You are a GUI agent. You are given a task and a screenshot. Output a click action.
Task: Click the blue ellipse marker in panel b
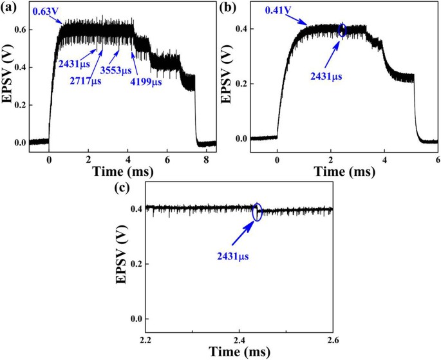pos(342,30)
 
